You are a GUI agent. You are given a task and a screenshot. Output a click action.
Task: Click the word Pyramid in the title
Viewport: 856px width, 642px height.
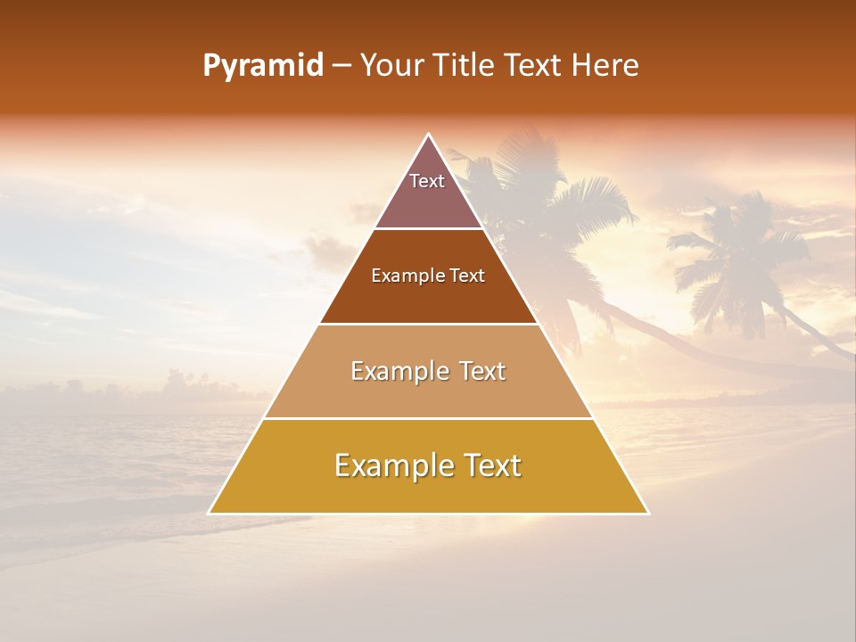click(262, 66)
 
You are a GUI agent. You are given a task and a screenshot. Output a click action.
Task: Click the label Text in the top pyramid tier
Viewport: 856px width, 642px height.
click(427, 181)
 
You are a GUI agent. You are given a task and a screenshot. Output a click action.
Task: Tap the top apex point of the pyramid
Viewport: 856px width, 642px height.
click(429, 134)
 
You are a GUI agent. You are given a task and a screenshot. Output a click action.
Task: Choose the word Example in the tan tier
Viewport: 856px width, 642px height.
click(397, 371)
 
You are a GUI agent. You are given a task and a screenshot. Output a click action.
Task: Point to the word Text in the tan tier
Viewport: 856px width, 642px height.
click(482, 371)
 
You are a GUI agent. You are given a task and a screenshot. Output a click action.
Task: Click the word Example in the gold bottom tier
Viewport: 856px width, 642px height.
click(389, 465)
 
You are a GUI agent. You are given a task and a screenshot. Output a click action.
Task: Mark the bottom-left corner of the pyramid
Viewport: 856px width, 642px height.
click(209, 514)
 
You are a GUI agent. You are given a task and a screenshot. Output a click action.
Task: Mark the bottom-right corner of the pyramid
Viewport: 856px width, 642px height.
click(648, 514)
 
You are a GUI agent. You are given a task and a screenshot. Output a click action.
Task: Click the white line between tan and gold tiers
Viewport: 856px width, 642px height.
click(428, 418)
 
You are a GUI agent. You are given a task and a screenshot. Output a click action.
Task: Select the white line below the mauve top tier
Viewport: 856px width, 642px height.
click(428, 229)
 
